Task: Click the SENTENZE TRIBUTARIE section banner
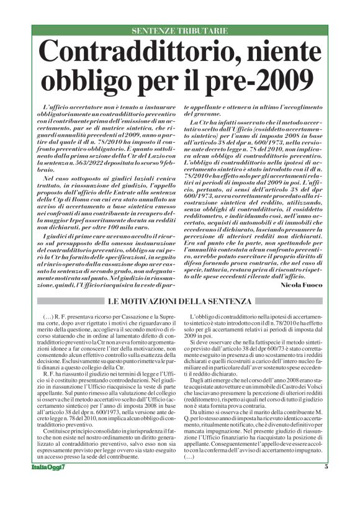click(180, 30)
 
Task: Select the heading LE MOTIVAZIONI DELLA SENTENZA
click(179, 302)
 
